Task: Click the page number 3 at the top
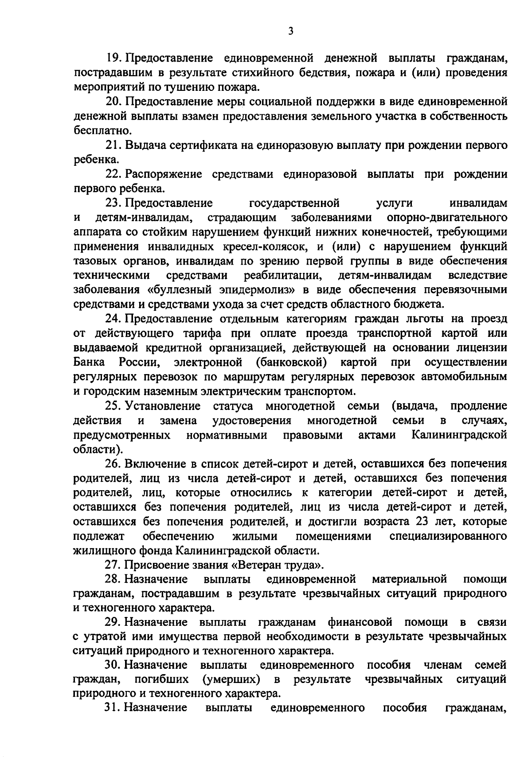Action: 290,31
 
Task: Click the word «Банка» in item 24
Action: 89,362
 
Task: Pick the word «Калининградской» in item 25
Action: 459,435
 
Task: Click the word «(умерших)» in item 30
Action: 231,679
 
